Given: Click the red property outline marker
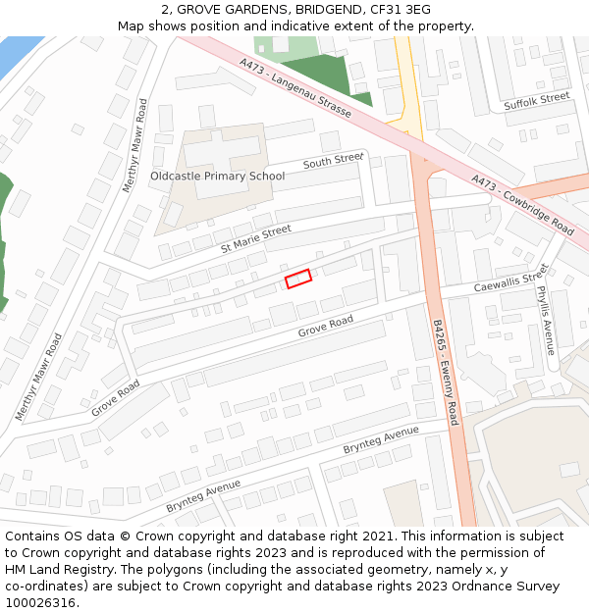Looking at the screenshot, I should click(x=297, y=279).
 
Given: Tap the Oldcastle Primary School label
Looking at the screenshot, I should click(x=217, y=177).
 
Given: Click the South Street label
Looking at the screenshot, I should click(x=333, y=161).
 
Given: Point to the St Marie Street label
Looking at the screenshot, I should click(x=255, y=237).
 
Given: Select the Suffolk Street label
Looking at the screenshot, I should click(x=536, y=101).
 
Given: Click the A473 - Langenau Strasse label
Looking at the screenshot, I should click(x=295, y=88).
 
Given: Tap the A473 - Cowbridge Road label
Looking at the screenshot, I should click(x=522, y=205).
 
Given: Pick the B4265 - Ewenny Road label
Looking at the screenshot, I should click(x=446, y=372).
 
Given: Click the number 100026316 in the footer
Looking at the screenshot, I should click(x=39, y=603).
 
